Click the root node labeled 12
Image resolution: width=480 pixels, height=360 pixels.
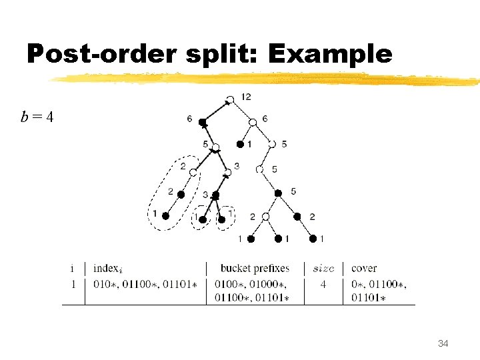coord(229,100)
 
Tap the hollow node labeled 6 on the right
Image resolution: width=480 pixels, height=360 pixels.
coord(253,122)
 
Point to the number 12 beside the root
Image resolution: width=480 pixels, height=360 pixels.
coord(245,97)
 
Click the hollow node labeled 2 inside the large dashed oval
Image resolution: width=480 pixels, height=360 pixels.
coord(193,172)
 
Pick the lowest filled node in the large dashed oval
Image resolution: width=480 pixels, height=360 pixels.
coord(165,216)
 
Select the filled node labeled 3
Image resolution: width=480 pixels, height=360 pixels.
coord(215,195)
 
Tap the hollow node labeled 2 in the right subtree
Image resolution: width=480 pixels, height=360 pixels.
coord(265,217)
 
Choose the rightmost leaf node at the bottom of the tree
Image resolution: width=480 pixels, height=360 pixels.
coord(312,238)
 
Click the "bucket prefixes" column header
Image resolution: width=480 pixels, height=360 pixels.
coord(255,269)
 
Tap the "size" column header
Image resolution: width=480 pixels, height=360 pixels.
coord(323,269)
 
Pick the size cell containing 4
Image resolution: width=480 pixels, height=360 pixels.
coord(323,284)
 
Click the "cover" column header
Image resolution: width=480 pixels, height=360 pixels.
coord(364,269)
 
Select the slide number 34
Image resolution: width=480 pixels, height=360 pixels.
coord(443,343)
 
